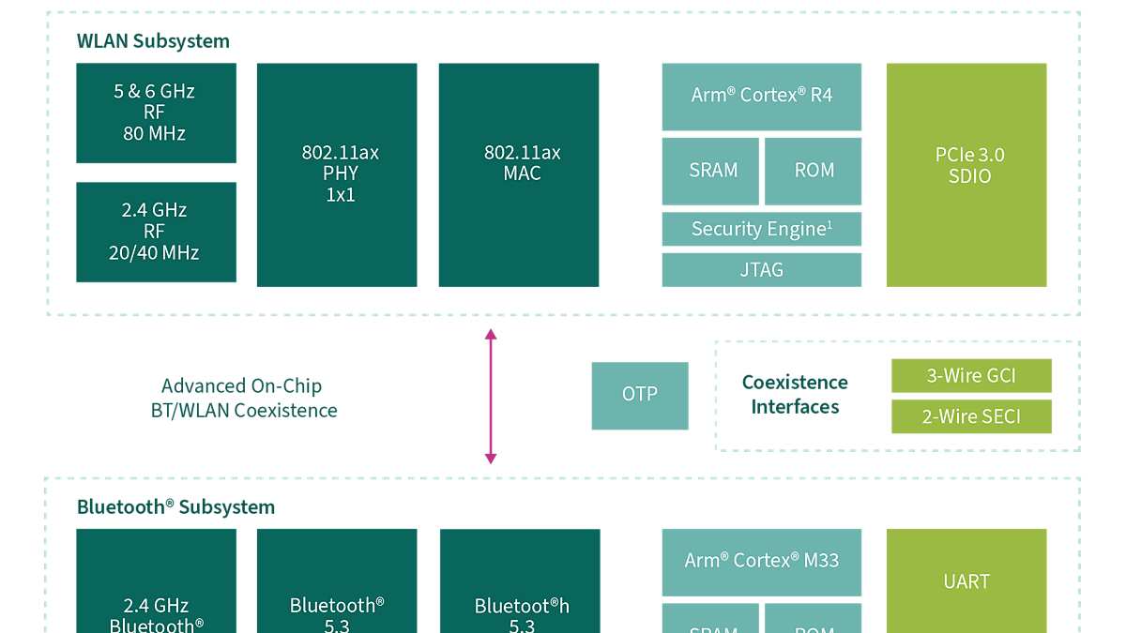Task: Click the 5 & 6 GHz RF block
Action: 156,113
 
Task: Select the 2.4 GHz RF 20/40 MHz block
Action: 156,232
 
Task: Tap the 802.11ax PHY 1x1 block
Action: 337,174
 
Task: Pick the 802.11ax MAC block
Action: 519,174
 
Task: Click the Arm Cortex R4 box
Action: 761,97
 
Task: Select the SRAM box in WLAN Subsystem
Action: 710,171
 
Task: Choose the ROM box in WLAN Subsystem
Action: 813,171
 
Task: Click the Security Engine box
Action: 761,229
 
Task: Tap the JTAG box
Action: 761,270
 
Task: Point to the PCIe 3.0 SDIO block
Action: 966,174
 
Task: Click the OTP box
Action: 640,395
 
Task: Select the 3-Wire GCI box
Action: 971,376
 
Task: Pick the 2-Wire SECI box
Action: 971,416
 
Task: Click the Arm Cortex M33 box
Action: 761,561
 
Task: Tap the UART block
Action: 966,581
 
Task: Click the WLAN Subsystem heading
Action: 153,41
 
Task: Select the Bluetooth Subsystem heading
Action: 175,507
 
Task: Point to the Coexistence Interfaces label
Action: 795,395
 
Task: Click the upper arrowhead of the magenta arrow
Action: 490,334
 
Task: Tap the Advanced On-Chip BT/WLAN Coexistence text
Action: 243,399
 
